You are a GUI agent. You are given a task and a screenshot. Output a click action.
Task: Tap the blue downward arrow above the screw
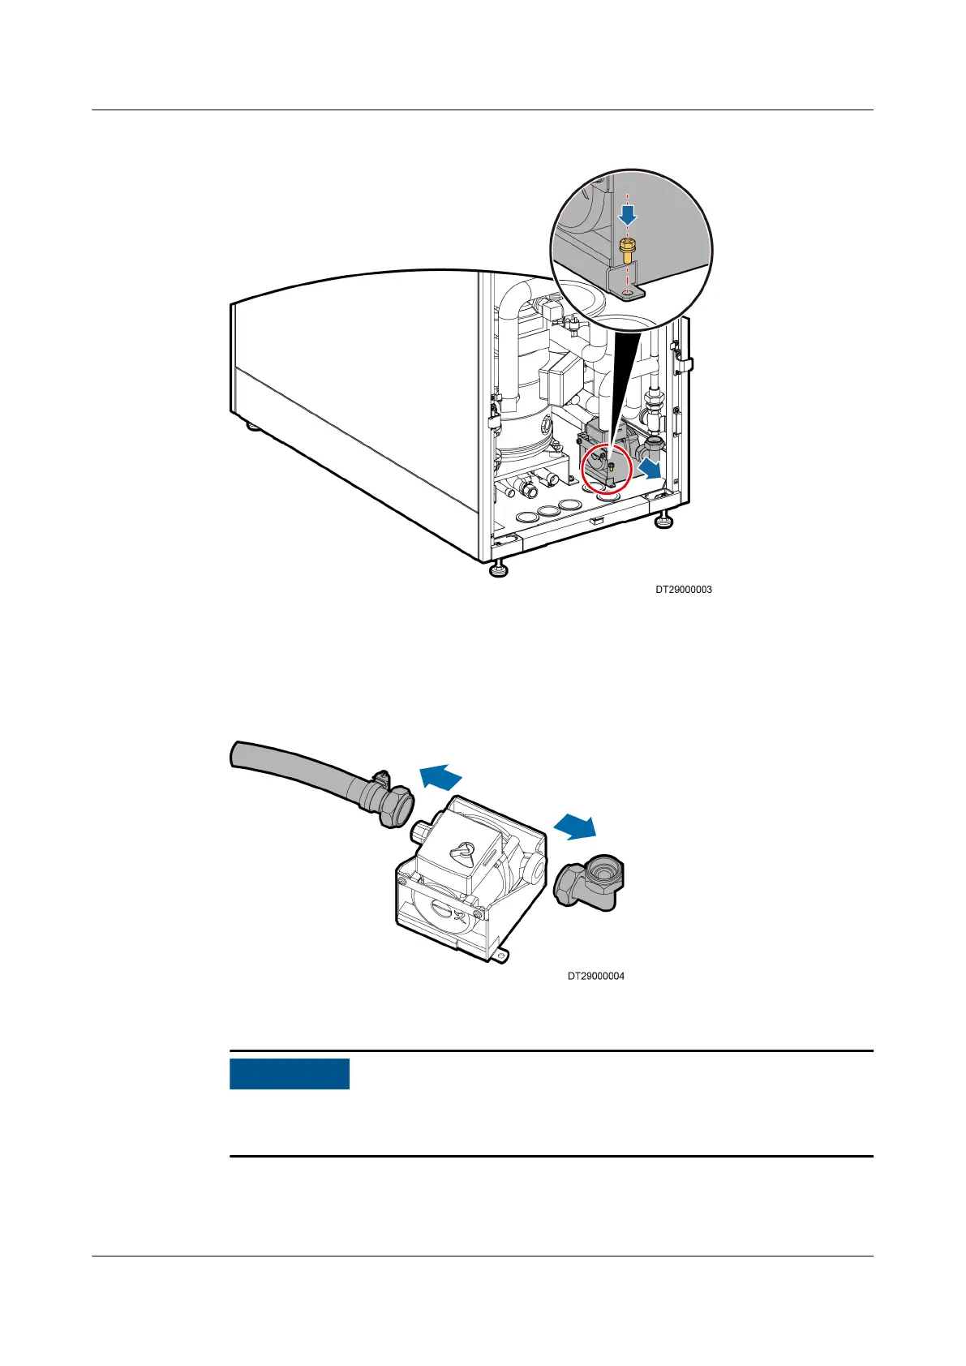(x=627, y=214)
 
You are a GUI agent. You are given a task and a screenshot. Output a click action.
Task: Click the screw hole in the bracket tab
(x=626, y=289)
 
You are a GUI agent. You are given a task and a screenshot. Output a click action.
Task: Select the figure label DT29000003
(x=684, y=590)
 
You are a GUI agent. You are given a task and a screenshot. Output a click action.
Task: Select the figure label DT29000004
(x=596, y=976)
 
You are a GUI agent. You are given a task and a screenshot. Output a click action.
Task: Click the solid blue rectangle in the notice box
(x=290, y=1073)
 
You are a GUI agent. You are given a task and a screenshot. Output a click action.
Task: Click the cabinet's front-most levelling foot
(x=497, y=569)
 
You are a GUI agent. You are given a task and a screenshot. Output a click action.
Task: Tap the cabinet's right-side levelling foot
(x=663, y=522)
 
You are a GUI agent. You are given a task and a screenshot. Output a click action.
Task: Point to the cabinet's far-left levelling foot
(x=253, y=424)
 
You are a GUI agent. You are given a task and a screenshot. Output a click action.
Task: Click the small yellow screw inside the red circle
(x=611, y=466)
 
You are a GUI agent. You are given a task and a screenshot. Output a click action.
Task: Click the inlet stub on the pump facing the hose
(x=421, y=831)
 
